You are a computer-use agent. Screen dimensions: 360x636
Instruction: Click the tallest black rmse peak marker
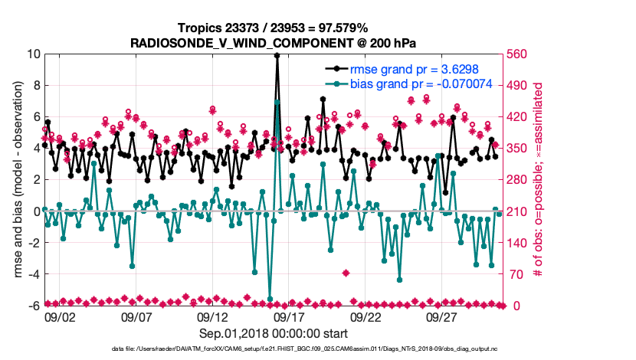point(277,55)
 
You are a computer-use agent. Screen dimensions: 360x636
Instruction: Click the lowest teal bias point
point(270,299)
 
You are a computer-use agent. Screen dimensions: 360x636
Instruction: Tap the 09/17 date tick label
point(290,316)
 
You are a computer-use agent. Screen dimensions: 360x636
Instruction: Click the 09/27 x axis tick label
point(443,316)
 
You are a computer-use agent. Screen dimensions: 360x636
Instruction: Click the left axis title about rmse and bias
point(15,180)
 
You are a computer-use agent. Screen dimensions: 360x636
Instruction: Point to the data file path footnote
point(318,349)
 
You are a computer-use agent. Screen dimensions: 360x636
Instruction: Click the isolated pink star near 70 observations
point(346,273)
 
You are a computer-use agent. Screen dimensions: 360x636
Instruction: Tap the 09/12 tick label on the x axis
point(213,316)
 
